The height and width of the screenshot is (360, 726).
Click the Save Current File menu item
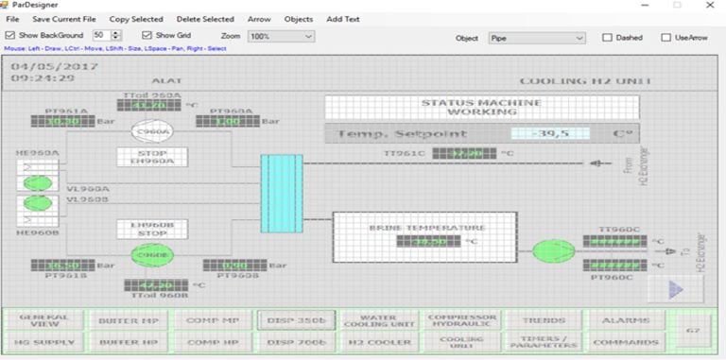[x=64, y=19]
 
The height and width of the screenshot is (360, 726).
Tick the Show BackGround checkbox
[x=10, y=36]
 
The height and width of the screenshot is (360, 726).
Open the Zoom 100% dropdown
[x=281, y=36]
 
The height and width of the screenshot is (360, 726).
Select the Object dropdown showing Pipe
[x=537, y=39]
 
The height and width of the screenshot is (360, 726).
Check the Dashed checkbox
[x=608, y=39]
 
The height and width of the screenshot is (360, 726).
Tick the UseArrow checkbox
[x=666, y=39]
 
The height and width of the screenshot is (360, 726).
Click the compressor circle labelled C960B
[x=152, y=255]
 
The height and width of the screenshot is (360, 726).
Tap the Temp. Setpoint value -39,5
[x=549, y=134]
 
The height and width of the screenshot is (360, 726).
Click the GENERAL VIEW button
[x=44, y=320]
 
